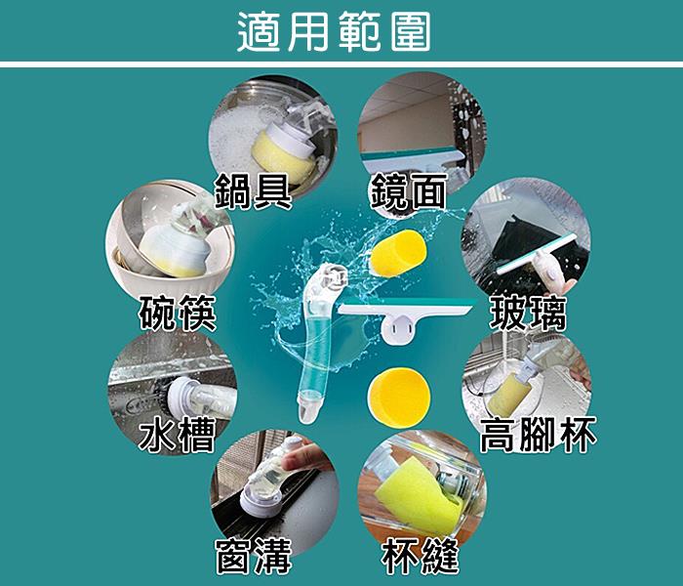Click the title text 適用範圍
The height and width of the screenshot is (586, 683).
(x=335, y=31)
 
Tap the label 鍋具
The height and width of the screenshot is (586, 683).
(x=253, y=190)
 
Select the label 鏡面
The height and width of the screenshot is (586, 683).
(x=408, y=190)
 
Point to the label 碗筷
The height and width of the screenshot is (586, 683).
(x=178, y=313)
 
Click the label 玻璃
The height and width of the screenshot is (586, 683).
(x=528, y=313)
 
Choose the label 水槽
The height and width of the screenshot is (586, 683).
(x=178, y=435)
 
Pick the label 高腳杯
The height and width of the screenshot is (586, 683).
(x=538, y=435)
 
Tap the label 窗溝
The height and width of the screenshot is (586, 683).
(x=254, y=556)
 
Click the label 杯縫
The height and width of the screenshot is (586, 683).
(x=420, y=556)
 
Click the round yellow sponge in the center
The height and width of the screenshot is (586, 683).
(x=399, y=398)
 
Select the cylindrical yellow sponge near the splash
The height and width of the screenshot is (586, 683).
(x=398, y=253)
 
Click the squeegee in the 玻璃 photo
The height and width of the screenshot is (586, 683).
(x=537, y=257)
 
